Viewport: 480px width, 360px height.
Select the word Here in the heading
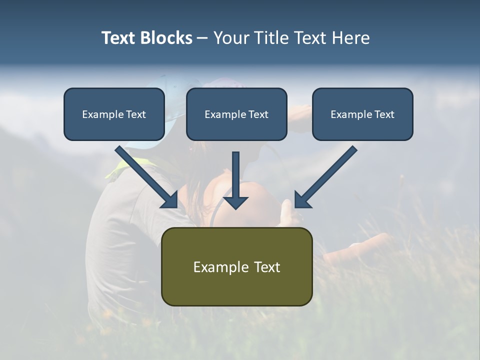[x=350, y=38]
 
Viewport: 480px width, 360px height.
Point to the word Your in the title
[x=231, y=38]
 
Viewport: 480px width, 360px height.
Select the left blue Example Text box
[x=114, y=114]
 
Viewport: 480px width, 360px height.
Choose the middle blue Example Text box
[x=236, y=114]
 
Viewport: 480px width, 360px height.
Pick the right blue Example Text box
[x=362, y=114]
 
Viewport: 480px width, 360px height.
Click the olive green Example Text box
[x=236, y=266]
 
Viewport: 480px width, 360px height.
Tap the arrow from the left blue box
[x=145, y=175]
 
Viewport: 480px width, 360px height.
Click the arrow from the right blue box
[x=327, y=175]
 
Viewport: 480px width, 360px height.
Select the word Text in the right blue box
[x=384, y=114]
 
